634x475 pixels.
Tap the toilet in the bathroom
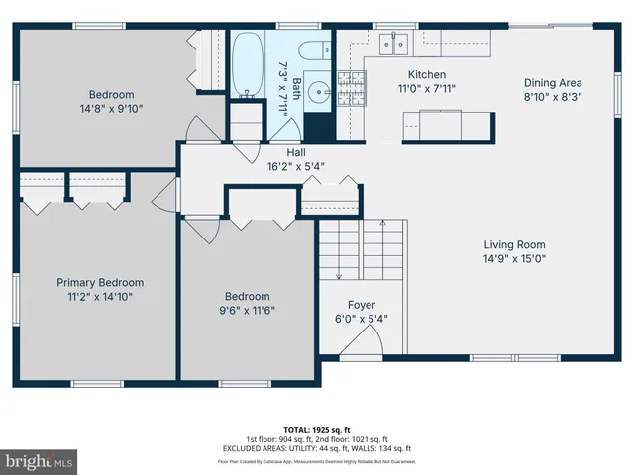pos(315,52)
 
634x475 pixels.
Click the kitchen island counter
pos(447,126)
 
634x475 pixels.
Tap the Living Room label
pos(514,245)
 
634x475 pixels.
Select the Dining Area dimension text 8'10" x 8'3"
pos(553,98)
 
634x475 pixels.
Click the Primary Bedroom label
pos(100,282)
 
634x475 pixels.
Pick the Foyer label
pos(361,305)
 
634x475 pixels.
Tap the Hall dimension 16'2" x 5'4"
pos(296,166)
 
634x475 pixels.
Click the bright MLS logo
pos(39,461)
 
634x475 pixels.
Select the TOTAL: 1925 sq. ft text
pos(316,430)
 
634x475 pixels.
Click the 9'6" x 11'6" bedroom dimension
pos(247,310)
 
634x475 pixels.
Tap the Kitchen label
pos(428,75)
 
